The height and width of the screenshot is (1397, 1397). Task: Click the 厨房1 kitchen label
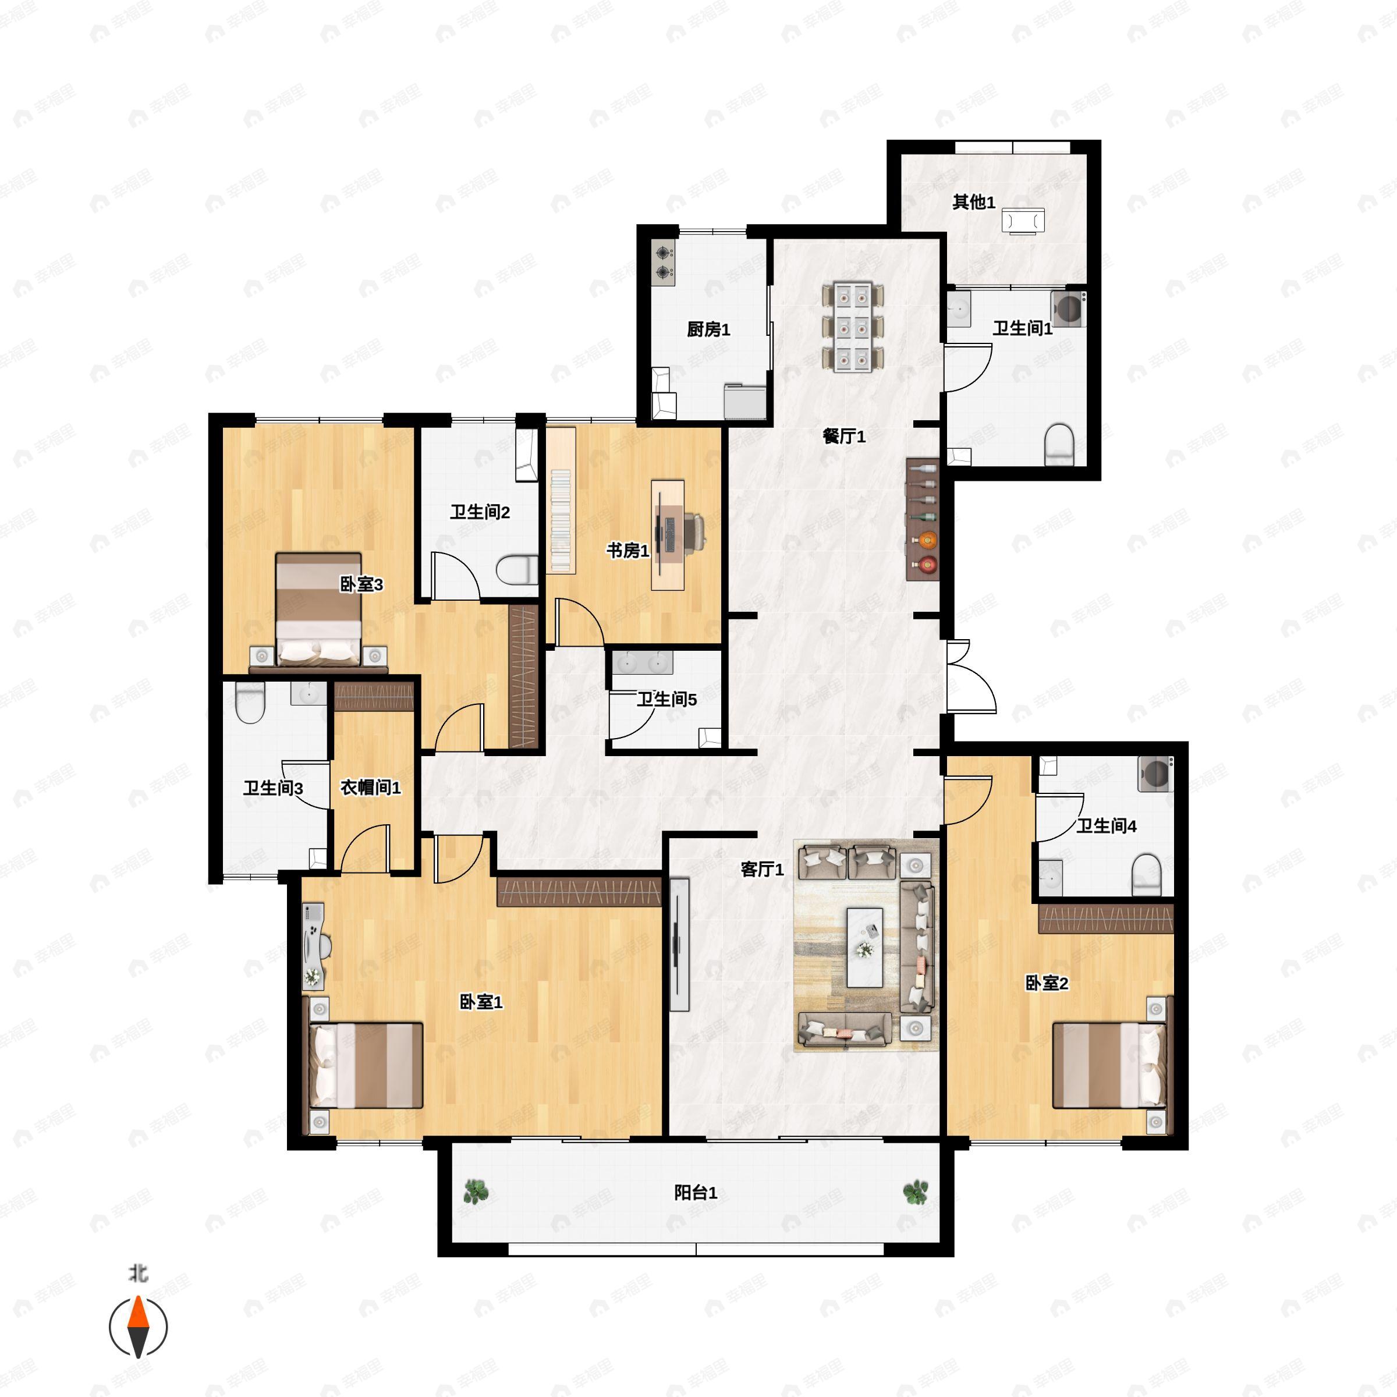708,329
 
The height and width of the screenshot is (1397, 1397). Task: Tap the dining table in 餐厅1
853,328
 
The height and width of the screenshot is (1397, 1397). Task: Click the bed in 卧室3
318,609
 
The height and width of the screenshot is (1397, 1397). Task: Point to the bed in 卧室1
367,1065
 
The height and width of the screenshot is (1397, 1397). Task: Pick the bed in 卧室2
1108,1065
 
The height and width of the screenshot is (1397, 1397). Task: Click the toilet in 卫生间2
517,570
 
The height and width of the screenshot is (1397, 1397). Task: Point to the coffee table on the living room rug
865,947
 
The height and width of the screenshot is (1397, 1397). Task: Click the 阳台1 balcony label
695,1192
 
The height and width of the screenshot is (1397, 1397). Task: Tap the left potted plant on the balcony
475,1191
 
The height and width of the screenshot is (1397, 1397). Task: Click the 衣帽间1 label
370,788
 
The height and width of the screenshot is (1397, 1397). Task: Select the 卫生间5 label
666,700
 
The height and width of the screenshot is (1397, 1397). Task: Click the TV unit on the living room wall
678,944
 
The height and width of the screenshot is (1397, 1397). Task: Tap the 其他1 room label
973,203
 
